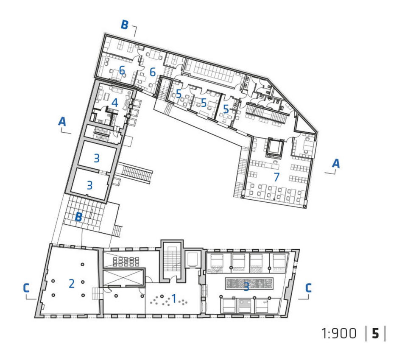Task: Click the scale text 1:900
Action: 339,334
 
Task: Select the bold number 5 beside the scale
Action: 375,334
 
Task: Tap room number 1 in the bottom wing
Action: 174,299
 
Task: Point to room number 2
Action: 72,284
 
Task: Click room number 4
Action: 114,103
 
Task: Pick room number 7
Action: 276,177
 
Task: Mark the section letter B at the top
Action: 124,25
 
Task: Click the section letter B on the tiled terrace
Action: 78,217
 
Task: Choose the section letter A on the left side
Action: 62,122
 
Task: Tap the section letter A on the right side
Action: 335,163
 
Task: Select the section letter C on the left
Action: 26,288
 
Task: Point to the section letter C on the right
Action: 308,288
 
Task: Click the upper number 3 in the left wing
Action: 96,158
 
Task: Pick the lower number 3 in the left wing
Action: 89,185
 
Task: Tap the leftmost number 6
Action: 122,70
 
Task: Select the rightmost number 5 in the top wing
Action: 226,109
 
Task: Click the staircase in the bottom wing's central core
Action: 172,259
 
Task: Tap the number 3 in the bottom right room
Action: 246,287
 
